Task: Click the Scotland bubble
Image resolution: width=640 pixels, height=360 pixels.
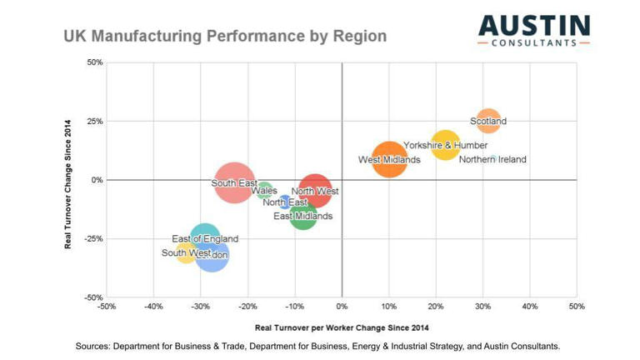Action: [x=488, y=121]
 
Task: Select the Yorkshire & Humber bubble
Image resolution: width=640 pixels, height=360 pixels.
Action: [x=446, y=145]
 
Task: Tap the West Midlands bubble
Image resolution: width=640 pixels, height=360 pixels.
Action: [x=389, y=159]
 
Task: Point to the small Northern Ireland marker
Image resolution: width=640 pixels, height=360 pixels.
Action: [x=493, y=158]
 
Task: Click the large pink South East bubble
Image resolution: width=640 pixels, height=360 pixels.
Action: [x=235, y=182]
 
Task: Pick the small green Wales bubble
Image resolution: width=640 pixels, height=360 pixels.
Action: [x=264, y=190]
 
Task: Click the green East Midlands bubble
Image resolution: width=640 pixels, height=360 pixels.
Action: [x=303, y=216]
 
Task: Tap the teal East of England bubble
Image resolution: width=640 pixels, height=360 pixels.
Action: [x=205, y=239]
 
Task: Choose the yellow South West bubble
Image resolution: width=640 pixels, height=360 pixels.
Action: [x=186, y=252]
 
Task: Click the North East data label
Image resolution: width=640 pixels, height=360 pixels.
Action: [x=285, y=202]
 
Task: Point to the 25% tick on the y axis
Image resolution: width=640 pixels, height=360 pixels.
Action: [x=92, y=121]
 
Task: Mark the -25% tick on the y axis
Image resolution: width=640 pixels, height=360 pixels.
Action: [x=91, y=238]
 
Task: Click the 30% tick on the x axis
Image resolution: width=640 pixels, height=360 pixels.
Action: [x=482, y=307]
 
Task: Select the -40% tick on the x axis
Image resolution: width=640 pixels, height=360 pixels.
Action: [x=152, y=307]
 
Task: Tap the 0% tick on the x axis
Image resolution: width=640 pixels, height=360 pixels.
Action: [x=342, y=307]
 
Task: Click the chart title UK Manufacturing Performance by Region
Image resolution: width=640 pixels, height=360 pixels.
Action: [x=225, y=37]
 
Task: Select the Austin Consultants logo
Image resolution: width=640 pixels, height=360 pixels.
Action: [x=533, y=31]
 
